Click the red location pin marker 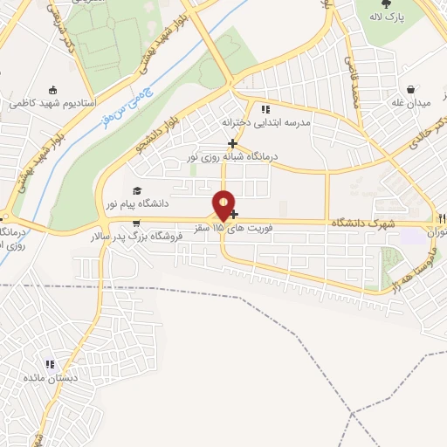[224, 204]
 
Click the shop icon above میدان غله [411, 89]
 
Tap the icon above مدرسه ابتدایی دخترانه [264, 109]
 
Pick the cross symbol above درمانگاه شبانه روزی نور [231, 143]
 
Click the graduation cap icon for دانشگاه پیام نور [136, 191]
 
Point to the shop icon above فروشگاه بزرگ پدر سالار [136, 223]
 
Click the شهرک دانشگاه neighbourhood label [362, 224]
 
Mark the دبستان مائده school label [51, 378]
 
